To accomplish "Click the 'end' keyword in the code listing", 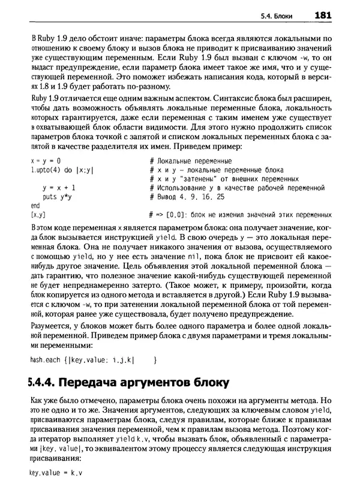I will (x=35, y=205).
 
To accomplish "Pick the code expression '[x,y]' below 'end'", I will (x=37, y=214).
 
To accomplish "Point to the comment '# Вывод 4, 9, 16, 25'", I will (x=186, y=197).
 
